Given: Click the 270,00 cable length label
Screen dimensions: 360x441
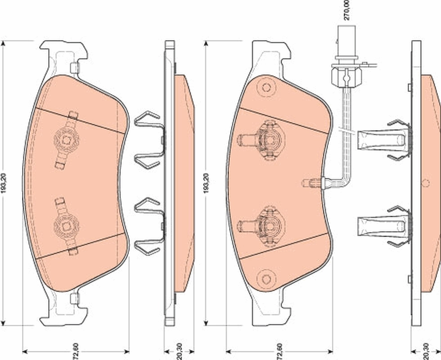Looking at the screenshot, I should click(x=346, y=10).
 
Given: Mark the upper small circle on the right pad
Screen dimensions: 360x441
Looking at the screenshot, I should click(x=266, y=88).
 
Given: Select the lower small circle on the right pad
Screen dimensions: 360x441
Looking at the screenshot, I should click(x=266, y=278).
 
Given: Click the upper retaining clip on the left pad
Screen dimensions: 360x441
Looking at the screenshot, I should click(x=67, y=139).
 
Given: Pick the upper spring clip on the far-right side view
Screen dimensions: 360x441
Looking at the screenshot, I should click(x=385, y=139).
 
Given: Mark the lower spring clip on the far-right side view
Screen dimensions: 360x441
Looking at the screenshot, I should click(x=385, y=225).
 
